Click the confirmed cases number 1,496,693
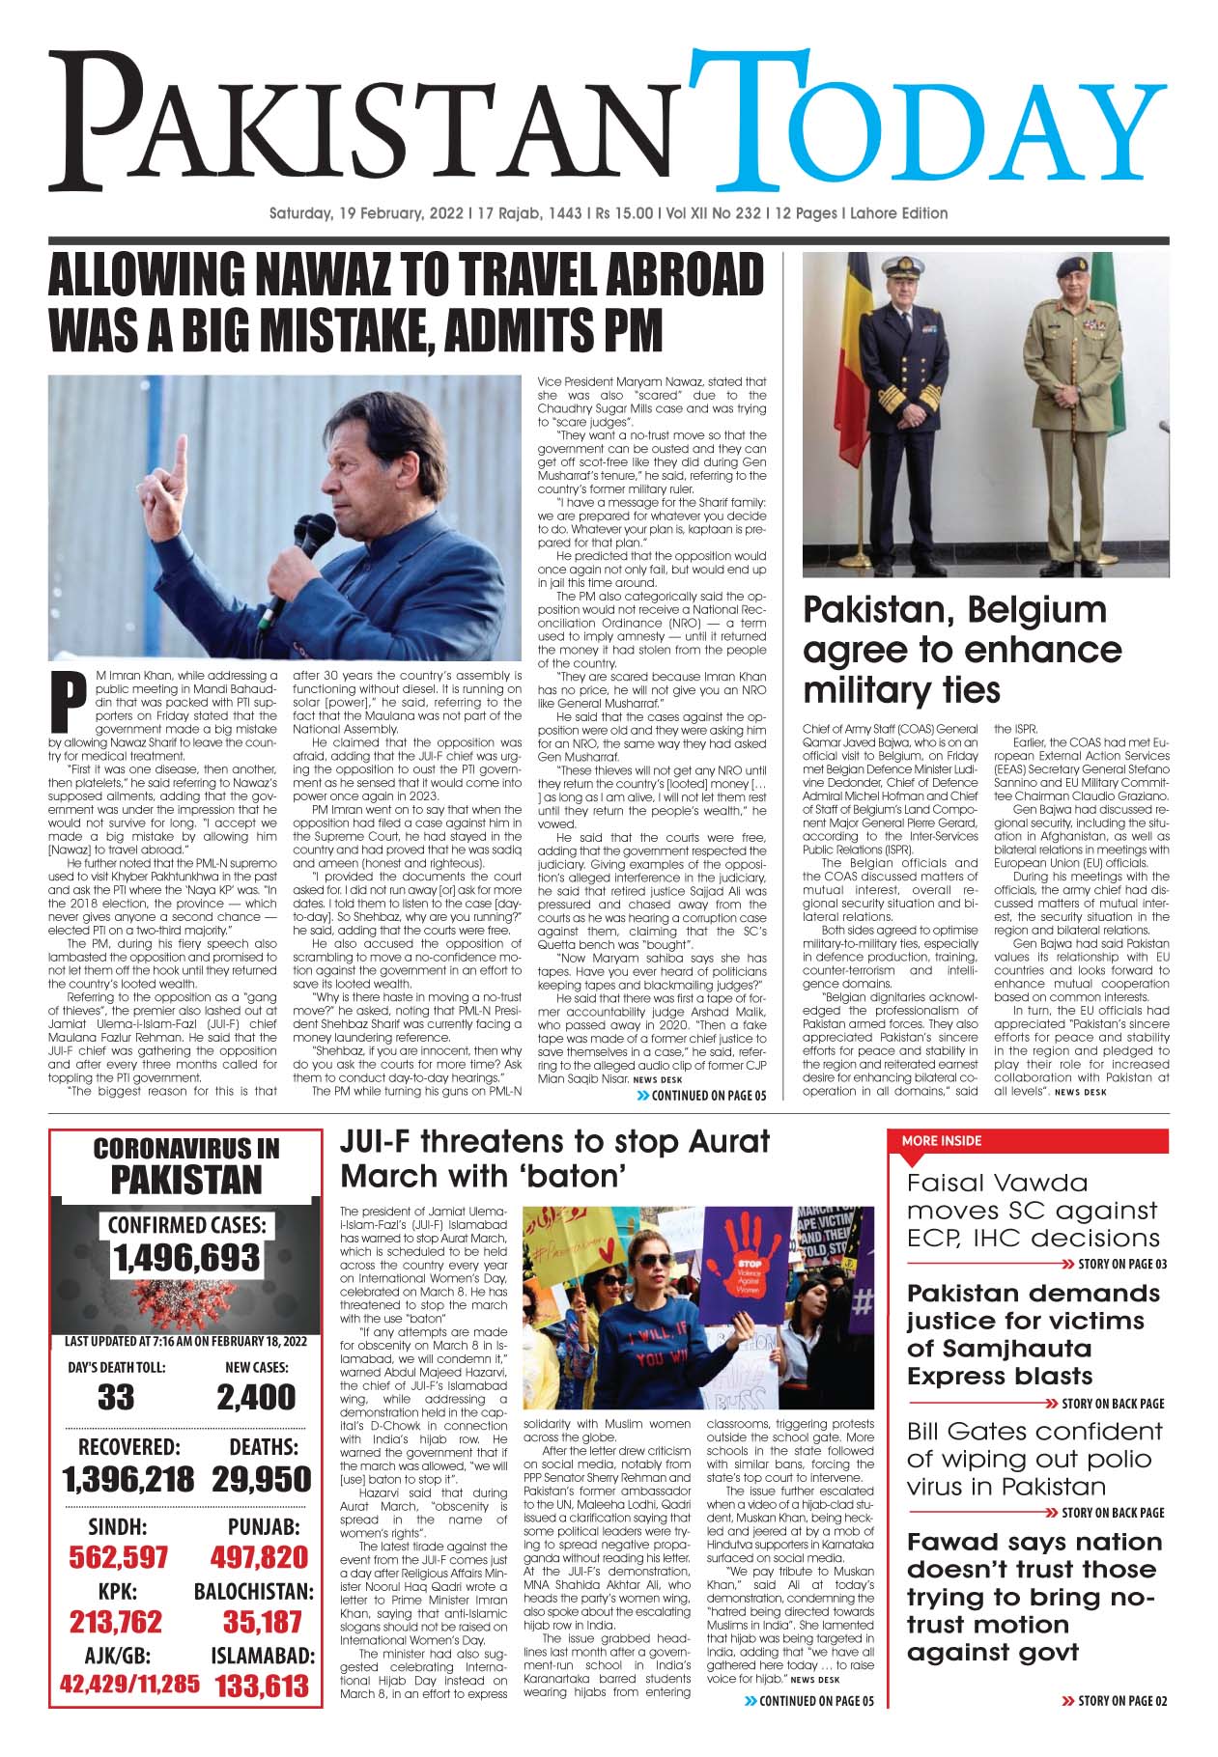[x=186, y=1257]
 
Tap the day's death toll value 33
[x=116, y=1397]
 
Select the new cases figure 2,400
[x=256, y=1397]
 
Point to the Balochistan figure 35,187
[x=263, y=1621]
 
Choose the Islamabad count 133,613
[x=262, y=1686]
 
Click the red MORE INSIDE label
[x=941, y=1140]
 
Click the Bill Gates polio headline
[x=1034, y=1459]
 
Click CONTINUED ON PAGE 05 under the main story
[x=708, y=1096]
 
